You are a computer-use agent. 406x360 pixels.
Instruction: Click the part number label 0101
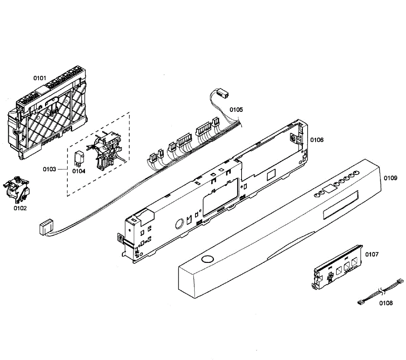(x=40, y=78)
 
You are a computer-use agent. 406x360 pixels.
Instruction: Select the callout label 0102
(x=20, y=208)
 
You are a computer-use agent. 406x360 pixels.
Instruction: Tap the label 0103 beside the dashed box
(x=49, y=169)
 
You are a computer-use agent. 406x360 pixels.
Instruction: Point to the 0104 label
(x=79, y=171)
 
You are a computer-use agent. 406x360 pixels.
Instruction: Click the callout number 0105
(x=236, y=110)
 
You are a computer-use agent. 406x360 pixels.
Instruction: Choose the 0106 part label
(x=317, y=140)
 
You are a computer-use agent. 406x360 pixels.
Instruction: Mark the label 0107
(x=372, y=254)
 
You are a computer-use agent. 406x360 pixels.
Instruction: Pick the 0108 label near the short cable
(x=386, y=303)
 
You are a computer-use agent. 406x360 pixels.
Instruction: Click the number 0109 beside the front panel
(x=390, y=178)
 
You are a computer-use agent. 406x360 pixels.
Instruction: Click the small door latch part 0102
(x=17, y=189)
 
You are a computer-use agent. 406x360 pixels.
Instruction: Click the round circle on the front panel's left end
(x=206, y=260)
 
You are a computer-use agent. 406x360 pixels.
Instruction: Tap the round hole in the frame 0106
(x=179, y=224)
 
